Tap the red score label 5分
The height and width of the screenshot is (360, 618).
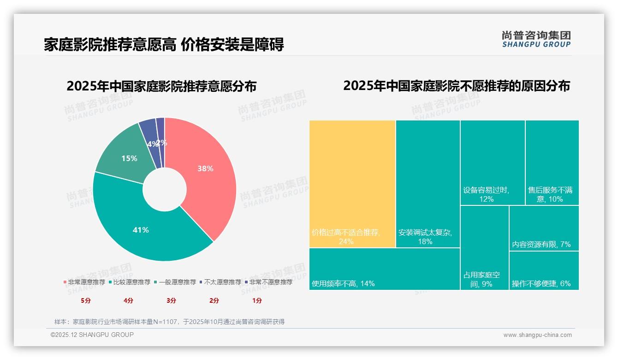pyautogui.click(x=86, y=300)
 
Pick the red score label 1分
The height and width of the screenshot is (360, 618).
pyautogui.click(x=257, y=300)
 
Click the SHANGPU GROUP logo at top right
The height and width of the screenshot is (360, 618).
pyautogui.click(x=536, y=39)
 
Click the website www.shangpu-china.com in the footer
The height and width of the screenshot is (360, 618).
pyautogui.click(x=537, y=335)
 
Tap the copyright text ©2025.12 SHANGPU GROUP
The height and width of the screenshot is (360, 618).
pyautogui.click(x=92, y=335)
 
